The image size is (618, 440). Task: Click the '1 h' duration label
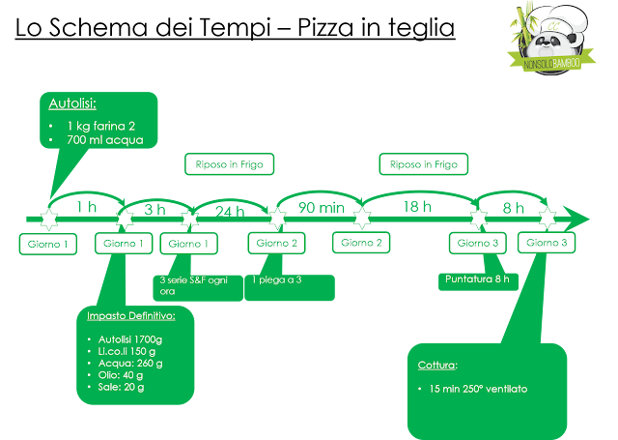coord(86,206)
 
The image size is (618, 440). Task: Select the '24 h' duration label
coord(230,210)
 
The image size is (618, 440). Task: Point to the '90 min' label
coord(319,207)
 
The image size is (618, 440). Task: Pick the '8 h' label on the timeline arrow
coord(513,208)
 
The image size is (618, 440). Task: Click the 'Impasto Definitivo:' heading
coord(130,316)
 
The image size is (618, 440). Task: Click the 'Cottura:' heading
coord(437,367)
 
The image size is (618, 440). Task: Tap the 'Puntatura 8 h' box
coord(477,279)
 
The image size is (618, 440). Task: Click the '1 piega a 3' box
coord(289,286)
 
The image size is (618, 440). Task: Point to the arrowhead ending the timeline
coord(578,216)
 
